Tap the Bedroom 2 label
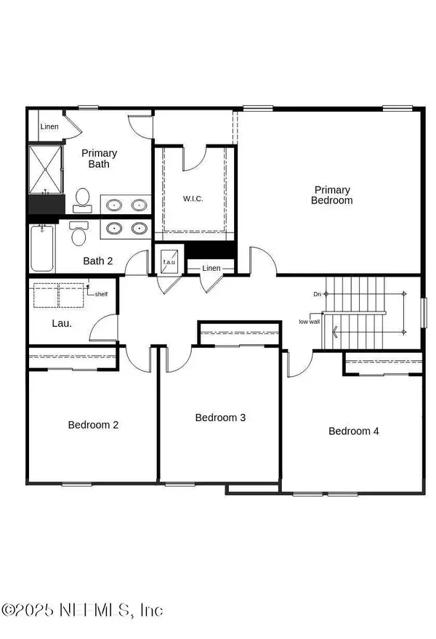(x=94, y=425)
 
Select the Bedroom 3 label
(x=220, y=418)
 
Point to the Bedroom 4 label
(x=354, y=431)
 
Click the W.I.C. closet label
(x=193, y=198)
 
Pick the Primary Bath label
(x=99, y=158)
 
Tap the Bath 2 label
(x=97, y=261)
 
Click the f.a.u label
(x=169, y=261)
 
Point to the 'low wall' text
(x=308, y=322)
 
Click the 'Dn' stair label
(x=317, y=294)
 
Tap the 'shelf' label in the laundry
(x=101, y=294)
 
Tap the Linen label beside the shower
(x=49, y=127)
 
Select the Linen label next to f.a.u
(x=211, y=269)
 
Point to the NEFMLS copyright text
(x=82, y=609)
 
